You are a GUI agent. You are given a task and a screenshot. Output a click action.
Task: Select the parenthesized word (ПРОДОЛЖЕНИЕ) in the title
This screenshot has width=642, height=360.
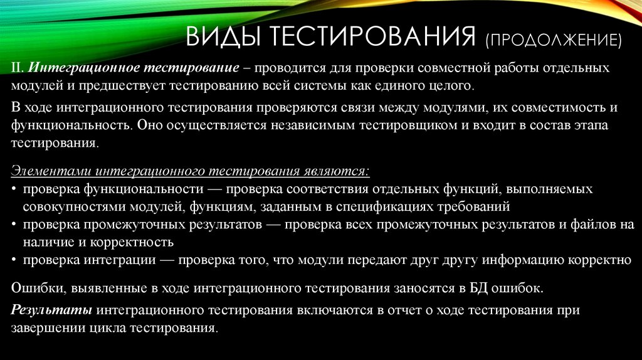(x=552, y=41)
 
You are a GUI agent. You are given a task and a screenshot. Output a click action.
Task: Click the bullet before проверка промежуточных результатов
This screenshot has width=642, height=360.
(x=14, y=224)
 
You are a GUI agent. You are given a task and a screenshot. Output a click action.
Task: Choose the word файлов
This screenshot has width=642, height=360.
(x=593, y=223)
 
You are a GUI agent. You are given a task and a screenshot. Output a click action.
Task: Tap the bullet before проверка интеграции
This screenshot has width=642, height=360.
(x=14, y=259)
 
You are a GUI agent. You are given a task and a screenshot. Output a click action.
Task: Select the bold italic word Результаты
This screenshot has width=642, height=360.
(x=52, y=310)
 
